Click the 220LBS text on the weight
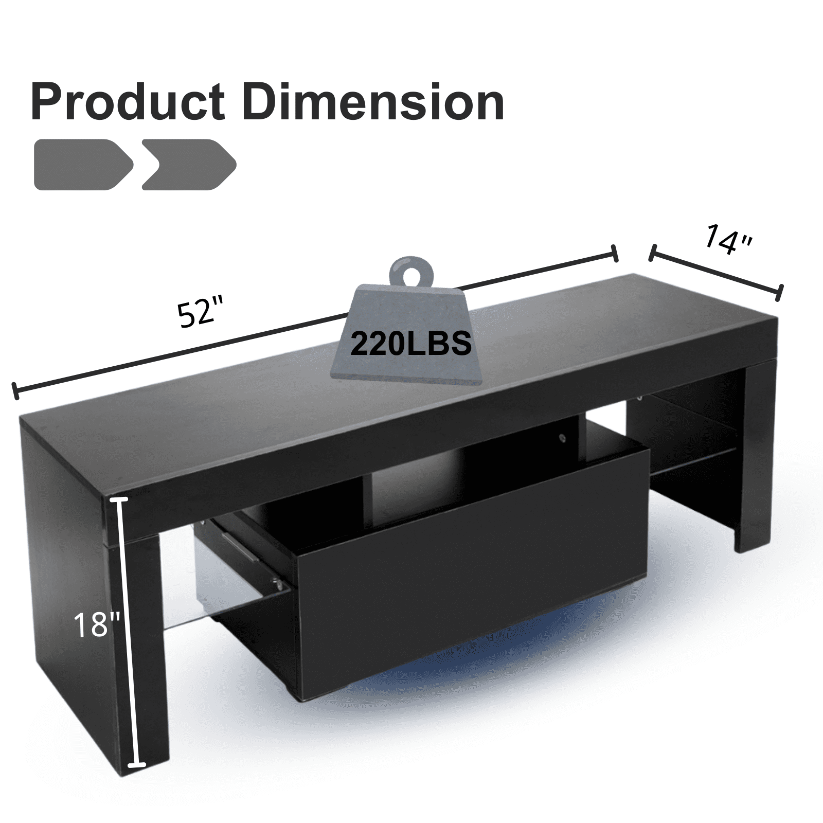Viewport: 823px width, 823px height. (x=410, y=343)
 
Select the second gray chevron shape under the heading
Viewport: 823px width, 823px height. (x=188, y=165)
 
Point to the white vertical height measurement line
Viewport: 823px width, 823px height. (x=129, y=617)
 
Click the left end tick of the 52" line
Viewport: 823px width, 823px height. (x=15, y=391)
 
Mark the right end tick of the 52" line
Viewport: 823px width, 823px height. (x=613, y=254)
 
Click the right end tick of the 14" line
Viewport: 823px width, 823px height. (x=780, y=293)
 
